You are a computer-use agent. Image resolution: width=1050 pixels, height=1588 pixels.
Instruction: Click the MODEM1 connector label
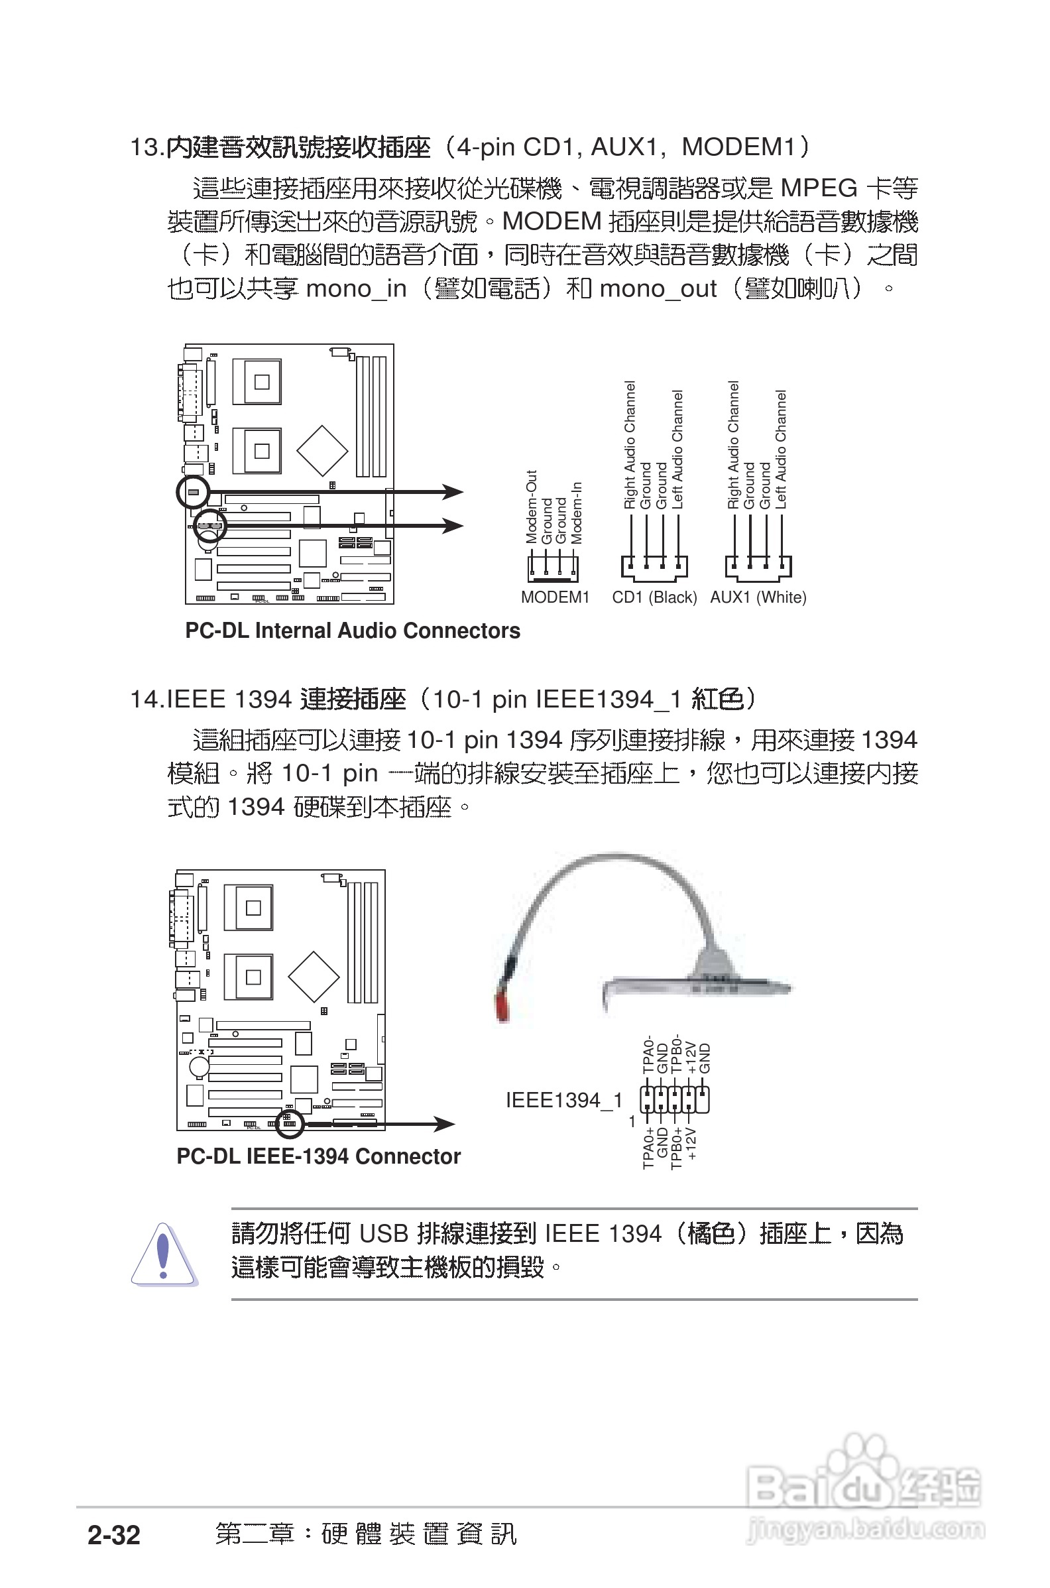coord(554,597)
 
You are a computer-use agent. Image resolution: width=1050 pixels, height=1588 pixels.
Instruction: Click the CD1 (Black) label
coord(654,597)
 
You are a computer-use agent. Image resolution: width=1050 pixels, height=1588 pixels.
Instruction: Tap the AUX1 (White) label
coord(758,597)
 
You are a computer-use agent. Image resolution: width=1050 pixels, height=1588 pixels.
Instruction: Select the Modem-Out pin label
coord(531,507)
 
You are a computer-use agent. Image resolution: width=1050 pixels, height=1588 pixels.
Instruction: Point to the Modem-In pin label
coord(577,513)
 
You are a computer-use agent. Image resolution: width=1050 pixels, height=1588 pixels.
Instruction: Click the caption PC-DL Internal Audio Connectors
coord(352,631)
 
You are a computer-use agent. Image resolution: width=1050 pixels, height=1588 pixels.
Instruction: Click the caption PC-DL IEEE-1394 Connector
coord(318,1156)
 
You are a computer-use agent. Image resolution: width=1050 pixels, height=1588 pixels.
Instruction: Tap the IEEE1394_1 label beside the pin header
coord(564,1100)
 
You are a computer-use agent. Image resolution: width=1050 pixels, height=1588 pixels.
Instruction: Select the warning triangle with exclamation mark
coord(162,1254)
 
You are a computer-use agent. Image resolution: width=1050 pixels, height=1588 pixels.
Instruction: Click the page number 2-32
coord(114,1534)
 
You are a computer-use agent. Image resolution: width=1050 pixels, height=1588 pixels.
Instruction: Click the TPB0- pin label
coord(676,1053)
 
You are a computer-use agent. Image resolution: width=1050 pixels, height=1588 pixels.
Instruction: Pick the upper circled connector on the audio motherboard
coord(193,491)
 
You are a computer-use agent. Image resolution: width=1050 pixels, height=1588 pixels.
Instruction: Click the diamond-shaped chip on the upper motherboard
coord(322,450)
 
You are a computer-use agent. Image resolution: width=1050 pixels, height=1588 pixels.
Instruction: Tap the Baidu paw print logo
coord(864,1470)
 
